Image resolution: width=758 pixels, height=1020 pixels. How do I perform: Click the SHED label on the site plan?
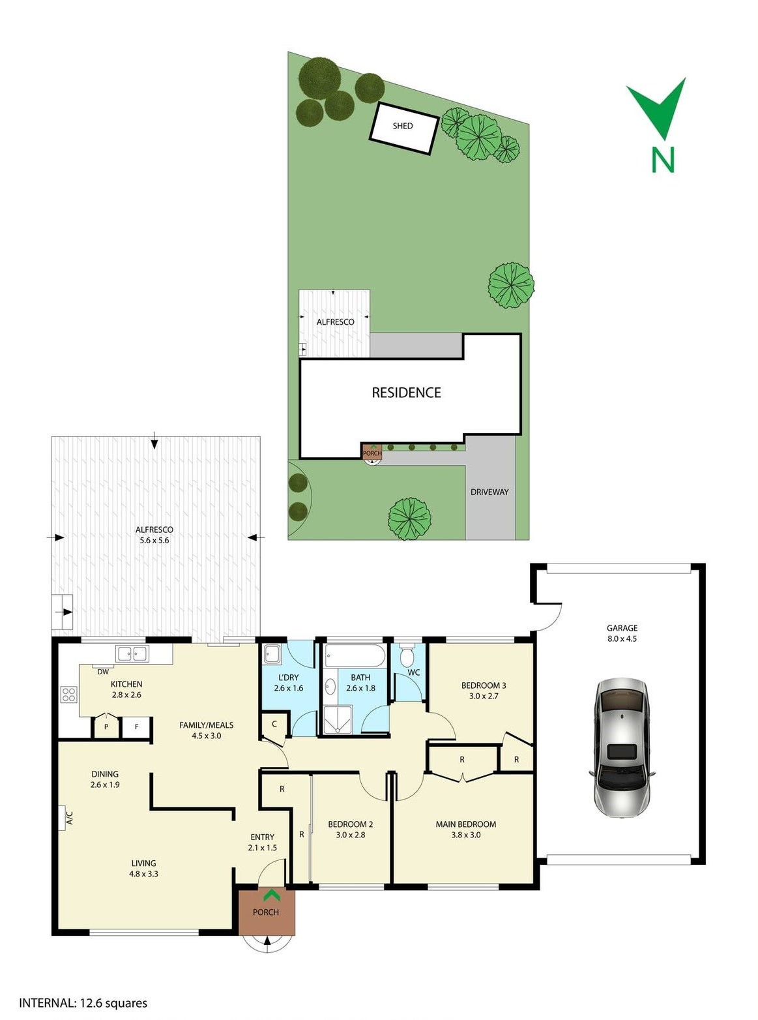[x=402, y=126]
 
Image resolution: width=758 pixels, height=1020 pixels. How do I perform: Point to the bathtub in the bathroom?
[x=355, y=655]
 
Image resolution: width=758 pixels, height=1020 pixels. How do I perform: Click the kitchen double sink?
[x=132, y=653]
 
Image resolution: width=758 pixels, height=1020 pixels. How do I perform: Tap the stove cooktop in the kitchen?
[x=68, y=695]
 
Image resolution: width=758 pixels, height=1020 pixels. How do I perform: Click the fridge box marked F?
[x=136, y=727]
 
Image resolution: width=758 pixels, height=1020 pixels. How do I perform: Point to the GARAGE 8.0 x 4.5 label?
[x=622, y=633]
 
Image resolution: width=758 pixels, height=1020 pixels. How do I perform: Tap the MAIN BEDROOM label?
[x=466, y=824]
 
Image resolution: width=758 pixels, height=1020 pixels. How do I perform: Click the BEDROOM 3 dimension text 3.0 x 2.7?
[x=484, y=696]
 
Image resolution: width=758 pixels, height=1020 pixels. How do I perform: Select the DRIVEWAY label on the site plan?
[x=489, y=492]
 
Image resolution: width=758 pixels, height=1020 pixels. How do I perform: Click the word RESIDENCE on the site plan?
[x=406, y=393]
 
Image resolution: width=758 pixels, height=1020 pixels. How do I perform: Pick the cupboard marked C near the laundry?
[x=274, y=724]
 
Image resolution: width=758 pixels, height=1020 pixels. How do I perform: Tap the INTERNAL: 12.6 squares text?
[x=83, y=1003]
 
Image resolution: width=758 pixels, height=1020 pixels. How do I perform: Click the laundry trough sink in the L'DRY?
[x=272, y=653]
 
